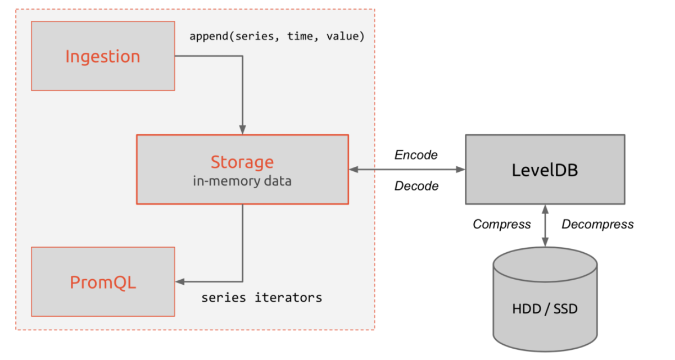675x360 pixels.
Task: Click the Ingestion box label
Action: pos(103,57)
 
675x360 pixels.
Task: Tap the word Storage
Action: pos(242,162)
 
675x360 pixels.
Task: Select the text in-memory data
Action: pos(242,181)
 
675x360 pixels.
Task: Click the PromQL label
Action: pos(103,282)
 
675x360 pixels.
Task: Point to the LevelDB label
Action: pos(545,170)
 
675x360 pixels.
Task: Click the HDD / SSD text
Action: pos(545,309)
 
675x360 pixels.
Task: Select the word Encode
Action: pos(416,155)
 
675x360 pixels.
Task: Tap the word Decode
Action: pos(416,186)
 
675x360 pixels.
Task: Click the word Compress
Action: pos(502,225)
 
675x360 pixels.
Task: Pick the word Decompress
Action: pos(597,225)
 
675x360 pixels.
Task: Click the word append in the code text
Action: pos(209,37)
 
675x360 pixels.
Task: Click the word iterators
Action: pos(288,298)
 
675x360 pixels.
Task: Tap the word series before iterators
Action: pos(223,298)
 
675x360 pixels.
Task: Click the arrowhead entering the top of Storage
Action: pos(243,130)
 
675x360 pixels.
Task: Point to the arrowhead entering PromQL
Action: pos(180,282)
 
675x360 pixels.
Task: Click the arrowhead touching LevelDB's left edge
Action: pos(460,170)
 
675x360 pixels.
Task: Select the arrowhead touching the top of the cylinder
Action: pos(545,242)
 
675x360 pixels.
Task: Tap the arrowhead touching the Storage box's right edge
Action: pos(354,170)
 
